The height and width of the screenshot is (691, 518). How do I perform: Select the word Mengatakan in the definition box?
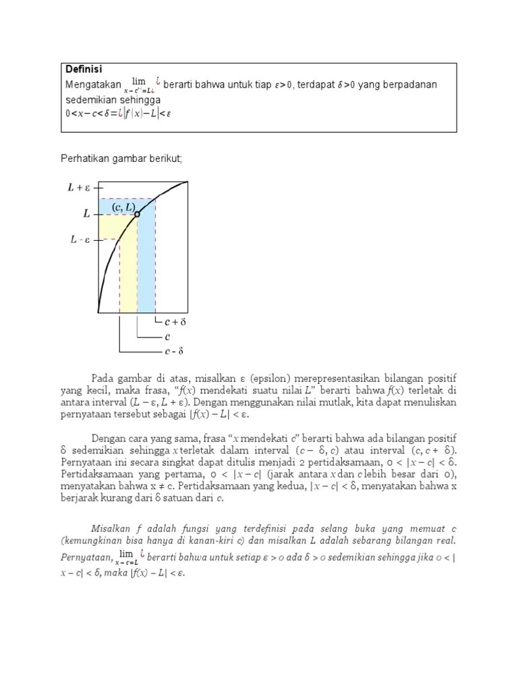[x=92, y=84]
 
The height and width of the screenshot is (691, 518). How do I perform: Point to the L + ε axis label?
[x=80, y=188]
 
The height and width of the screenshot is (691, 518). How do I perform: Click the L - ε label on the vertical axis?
[x=79, y=240]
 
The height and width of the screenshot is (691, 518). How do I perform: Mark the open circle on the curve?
[x=137, y=215]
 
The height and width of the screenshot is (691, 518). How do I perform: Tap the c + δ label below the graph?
[x=175, y=323]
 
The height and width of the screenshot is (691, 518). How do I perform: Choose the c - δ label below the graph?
[x=174, y=351]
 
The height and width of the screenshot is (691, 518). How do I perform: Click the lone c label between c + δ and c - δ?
[x=167, y=337]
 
